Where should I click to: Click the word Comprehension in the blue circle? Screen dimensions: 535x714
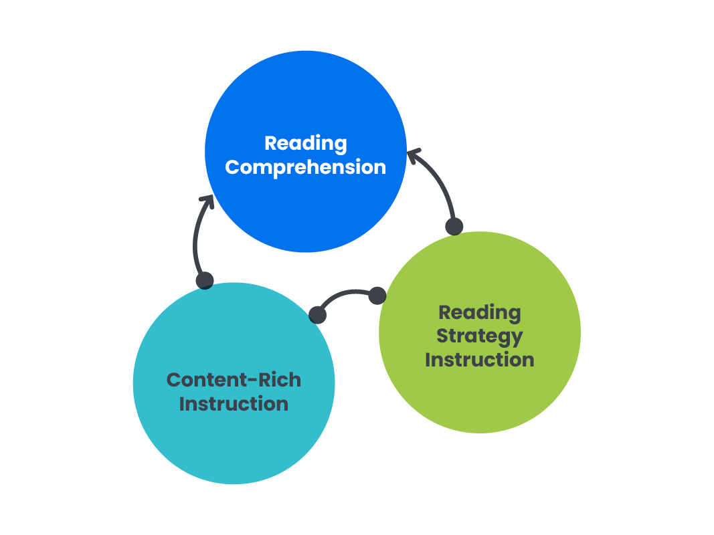305,167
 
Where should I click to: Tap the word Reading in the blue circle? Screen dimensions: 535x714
305,143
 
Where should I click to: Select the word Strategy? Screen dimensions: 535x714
479,336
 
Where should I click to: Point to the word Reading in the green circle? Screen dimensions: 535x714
479,312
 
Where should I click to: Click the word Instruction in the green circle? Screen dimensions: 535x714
479,359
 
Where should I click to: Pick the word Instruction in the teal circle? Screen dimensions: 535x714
234,404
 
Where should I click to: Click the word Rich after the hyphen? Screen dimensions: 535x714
275,380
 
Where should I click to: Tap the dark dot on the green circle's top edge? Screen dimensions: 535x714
454,226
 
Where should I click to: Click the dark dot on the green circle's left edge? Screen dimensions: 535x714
377,295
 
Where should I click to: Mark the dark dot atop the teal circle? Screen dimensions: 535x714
205,280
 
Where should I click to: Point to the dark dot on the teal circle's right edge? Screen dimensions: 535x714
318,314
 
